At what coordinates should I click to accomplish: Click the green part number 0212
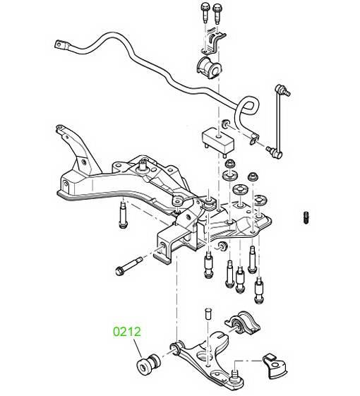click(127, 332)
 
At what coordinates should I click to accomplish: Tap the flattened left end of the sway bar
click(61, 45)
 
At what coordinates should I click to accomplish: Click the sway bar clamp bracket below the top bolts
click(213, 42)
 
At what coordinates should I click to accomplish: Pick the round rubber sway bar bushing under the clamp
click(210, 67)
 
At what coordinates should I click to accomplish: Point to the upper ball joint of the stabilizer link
click(282, 90)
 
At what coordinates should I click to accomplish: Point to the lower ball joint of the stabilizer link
click(275, 152)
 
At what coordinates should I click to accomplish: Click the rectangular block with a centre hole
click(217, 140)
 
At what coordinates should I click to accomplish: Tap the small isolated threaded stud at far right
click(306, 217)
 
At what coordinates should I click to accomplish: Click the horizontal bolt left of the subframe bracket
click(129, 266)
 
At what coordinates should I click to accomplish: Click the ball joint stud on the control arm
click(235, 374)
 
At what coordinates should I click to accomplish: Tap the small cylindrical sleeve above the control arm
click(208, 313)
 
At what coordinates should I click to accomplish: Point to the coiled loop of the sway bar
click(246, 106)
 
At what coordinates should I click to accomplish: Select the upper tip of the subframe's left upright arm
click(59, 127)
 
